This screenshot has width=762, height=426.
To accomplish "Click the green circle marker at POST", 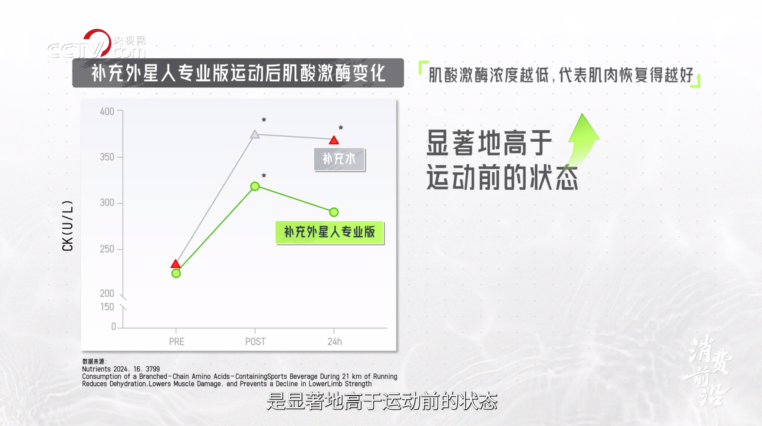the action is coord(255,186).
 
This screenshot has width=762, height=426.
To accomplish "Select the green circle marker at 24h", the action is coord(334,212).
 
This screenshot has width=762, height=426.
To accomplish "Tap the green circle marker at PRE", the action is coord(176,274).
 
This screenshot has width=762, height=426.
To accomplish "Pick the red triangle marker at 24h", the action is coord(334,140).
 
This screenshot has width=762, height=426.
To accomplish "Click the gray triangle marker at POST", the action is coord(255,135).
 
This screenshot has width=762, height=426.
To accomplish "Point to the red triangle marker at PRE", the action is coord(176,264).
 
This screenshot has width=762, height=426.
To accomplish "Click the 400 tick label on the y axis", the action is coord(107,111).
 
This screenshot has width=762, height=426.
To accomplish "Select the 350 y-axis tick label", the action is coord(107,157).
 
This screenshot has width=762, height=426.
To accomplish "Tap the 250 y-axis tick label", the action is coord(107,249).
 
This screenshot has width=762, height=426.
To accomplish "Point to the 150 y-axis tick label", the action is coord(107,307).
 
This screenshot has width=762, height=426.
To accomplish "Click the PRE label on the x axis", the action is coord(177,341).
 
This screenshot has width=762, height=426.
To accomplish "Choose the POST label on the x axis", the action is coord(255,341).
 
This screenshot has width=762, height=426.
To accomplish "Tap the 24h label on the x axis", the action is coord(335,341).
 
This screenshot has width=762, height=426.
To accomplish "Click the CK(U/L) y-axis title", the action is coord(67,226).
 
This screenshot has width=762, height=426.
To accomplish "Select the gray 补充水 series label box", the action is coord(339,159).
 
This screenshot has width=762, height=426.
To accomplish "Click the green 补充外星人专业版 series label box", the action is coord(330,232).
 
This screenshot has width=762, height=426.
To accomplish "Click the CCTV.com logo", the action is coord(97,44).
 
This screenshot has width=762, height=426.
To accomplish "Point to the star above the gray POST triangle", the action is coord(264,119).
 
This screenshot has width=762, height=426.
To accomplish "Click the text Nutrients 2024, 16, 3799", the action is coord(121,369).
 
